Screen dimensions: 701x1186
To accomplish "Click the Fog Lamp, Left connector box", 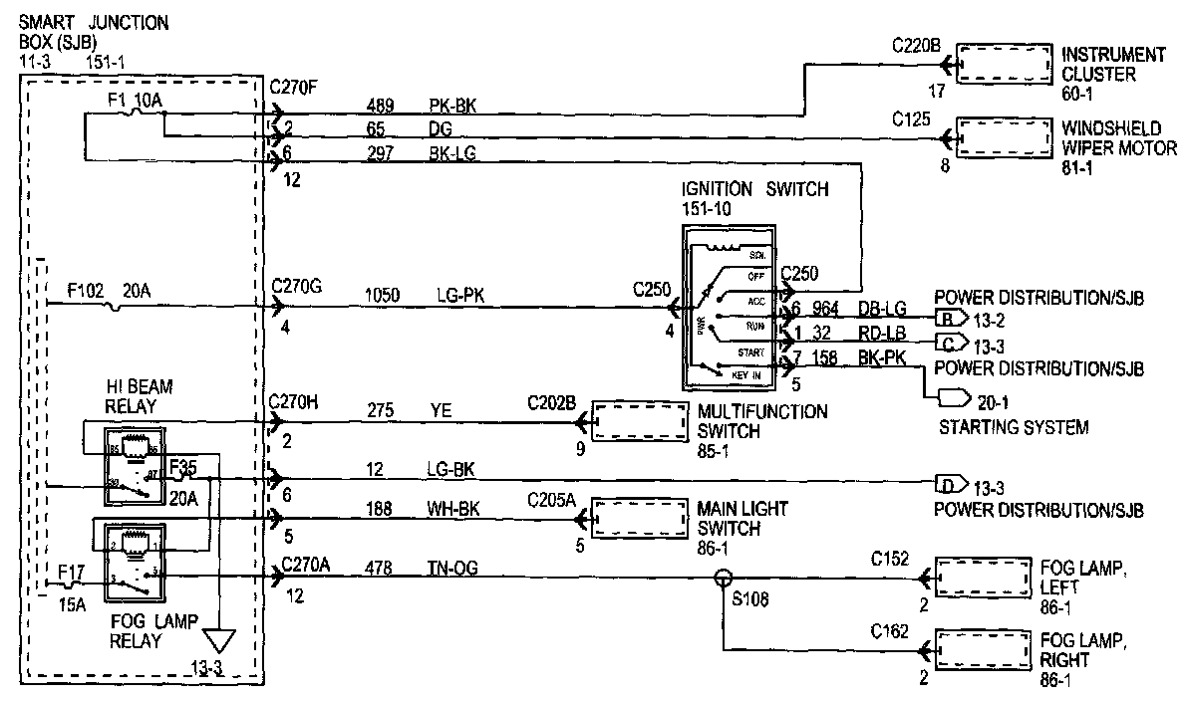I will (x=982, y=578).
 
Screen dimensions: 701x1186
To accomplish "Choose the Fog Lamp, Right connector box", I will (x=982, y=650).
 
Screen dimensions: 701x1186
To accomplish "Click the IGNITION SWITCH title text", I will (x=754, y=189).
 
